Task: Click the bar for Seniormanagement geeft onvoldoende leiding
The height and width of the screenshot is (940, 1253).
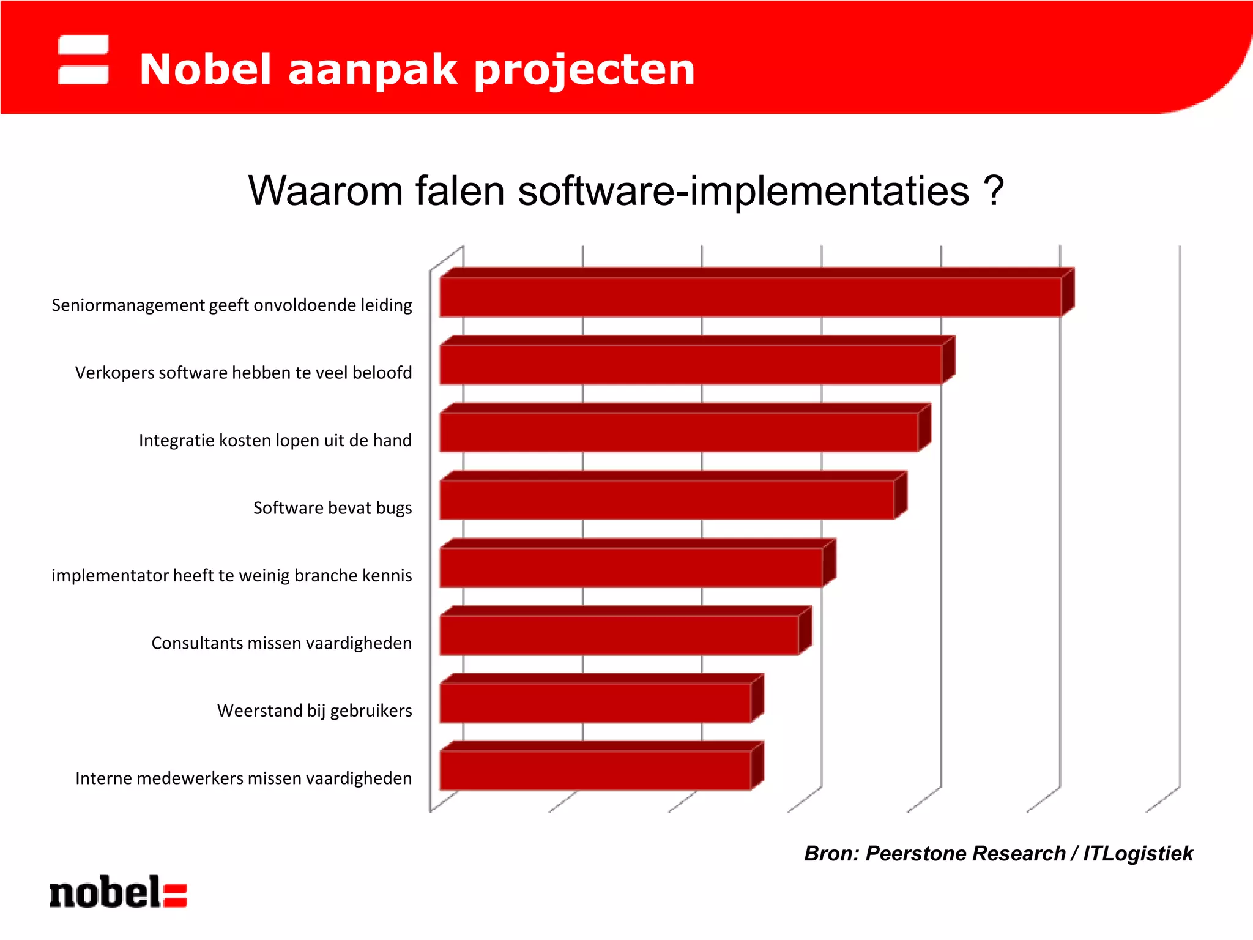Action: [x=749, y=297]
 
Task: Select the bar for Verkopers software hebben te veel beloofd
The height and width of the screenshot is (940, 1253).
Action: [x=690, y=365]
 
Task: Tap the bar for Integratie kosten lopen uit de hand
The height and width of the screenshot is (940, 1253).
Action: [x=678, y=432]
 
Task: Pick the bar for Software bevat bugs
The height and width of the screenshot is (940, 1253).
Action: [x=666, y=500]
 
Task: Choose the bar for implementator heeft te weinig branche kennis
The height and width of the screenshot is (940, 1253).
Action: [x=630, y=567]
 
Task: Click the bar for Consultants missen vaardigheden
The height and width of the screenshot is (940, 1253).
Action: [x=619, y=635]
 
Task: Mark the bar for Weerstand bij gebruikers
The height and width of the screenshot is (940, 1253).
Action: [x=595, y=703]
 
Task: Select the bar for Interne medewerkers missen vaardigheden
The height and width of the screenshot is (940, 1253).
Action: [x=595, y=770]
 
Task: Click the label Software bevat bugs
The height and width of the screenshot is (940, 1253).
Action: [x=332, y=508]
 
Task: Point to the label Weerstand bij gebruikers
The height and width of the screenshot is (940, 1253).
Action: [x=314, y=711]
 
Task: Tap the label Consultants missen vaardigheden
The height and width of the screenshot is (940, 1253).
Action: [x=281, y=643]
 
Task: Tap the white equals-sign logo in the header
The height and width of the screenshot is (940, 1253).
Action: [x=83, y=59]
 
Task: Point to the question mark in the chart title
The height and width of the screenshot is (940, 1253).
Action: [x=994, y=190]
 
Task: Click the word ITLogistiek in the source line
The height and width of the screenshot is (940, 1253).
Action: [x=1138, y=853]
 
